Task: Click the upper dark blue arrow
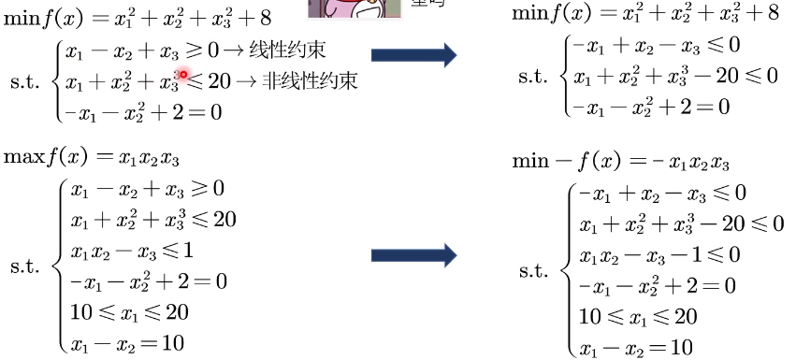(x=412, y=55)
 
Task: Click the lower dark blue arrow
(x=412, y=254)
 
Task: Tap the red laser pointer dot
(x=184, y=75)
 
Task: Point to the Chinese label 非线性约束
(x=309, y=81)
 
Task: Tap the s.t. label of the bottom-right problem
(x=536, y=271)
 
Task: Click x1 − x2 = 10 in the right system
(x=636, y=348)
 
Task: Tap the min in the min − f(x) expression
(x=530, y=162)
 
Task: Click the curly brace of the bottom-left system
(x=60, y=266)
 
